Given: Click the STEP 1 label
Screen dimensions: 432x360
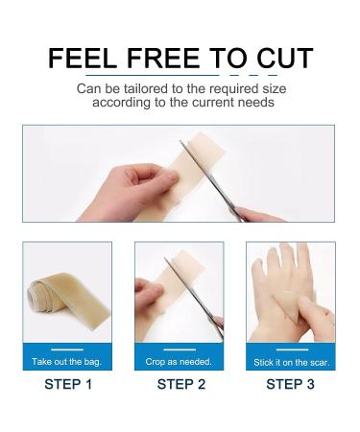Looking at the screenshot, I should [x=67, y=385].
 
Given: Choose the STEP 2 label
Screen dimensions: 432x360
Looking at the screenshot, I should [x=180, y=385].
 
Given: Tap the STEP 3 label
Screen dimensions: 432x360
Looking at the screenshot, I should [x=291, y=385].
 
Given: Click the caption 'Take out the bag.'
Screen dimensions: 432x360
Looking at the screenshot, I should [x=67, y=361].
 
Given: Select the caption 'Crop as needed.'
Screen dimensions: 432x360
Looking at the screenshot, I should [x=180, y=361].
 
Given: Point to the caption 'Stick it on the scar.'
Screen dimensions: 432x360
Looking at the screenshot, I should [x=291, y=361].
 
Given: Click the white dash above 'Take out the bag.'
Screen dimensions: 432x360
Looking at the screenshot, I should [x=67, y=348].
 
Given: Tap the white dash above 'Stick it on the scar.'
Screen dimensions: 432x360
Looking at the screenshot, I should [x=291, y=348].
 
